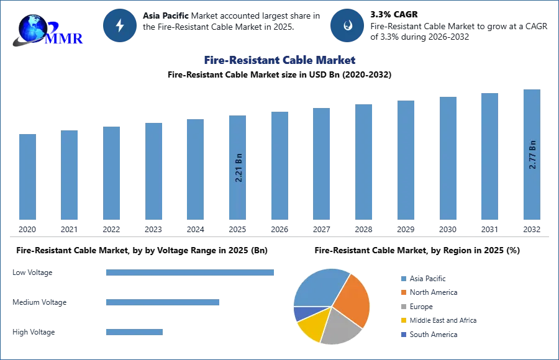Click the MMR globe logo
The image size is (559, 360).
point(47,29)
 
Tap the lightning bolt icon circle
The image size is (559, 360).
point(120,25)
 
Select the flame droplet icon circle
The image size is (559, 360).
point(347,25)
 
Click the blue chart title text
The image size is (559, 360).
point(281,60)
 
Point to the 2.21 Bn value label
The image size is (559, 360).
point(239,167)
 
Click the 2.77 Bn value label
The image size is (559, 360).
point(532,155)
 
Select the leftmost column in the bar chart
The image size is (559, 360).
point(27,178)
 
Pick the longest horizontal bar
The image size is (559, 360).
point(191,273)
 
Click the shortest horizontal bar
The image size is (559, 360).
point(134,333)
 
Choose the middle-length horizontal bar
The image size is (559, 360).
point(163,303)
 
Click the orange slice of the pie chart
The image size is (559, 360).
point(353,299)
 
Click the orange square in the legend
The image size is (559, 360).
point(403,292)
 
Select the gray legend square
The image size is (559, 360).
point(403,307)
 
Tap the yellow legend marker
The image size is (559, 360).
point(403,320)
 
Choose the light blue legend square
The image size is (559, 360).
point(403,278)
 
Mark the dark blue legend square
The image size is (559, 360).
point(403,334)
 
